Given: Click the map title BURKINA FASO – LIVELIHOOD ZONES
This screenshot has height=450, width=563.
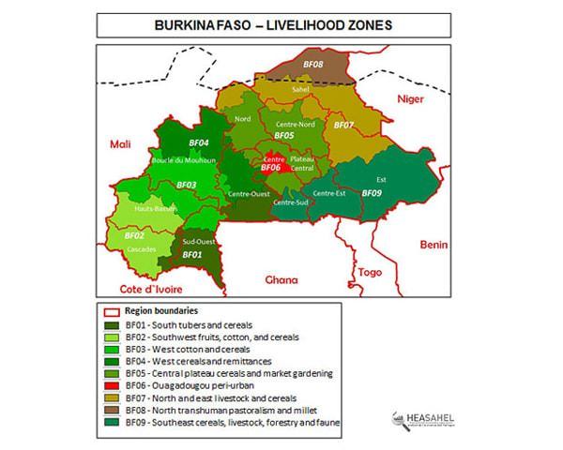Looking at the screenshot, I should click(x=281, y=24).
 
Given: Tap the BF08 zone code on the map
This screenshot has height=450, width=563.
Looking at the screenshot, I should click(x=313, y=65).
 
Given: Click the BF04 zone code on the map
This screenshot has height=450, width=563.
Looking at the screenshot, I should click(x=198, y=142).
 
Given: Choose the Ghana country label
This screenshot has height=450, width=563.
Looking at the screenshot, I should click(x=281, y=279).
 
